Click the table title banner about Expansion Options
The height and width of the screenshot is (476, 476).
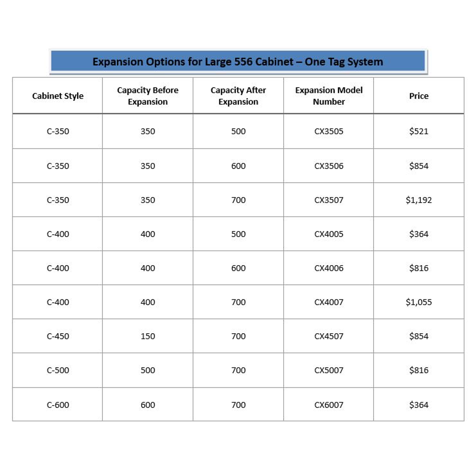point(238,62)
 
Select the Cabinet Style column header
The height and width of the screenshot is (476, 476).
point(58,96)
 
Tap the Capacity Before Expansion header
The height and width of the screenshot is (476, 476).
point(148,96)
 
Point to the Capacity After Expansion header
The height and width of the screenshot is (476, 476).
point(238,96)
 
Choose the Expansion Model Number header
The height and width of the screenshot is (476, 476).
point(328,96)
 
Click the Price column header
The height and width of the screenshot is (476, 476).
point(419,96)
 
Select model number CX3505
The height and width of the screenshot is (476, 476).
point(328,131)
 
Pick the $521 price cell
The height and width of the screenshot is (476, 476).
point(419,131)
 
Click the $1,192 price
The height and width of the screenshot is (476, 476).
point(419,200)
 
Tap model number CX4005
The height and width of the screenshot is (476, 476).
point(328,234)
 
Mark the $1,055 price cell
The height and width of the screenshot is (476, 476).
point(419,302)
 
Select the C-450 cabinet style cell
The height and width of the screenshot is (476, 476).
point(58,336)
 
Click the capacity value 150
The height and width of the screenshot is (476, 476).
point(148,336)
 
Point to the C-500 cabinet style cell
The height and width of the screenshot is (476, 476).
point(58,370)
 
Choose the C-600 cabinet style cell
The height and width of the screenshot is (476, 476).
point(58,405)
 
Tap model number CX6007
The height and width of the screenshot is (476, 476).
point(328,405)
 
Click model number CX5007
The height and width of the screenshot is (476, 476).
point(328,370)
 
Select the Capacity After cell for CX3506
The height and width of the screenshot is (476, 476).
point(238,166)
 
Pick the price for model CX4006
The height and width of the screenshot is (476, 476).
point(419,268)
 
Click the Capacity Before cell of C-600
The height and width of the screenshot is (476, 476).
point(148,405)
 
